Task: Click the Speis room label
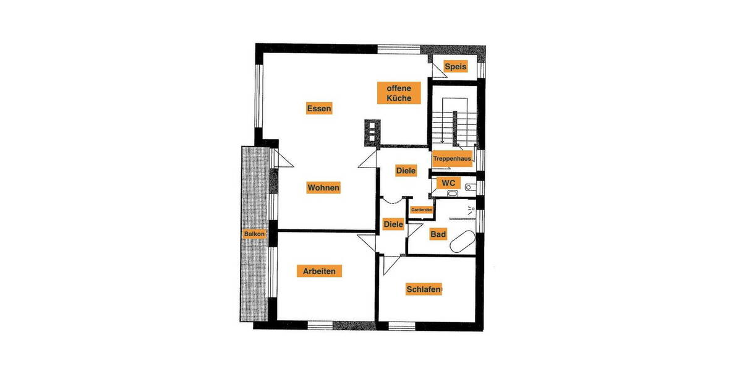[456, 66]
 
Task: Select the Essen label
[319, 109]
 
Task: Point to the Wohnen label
[323, 187]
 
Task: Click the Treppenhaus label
[452, 158]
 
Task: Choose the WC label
[448, 183]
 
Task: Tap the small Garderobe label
[421, 210]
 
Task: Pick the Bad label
[438, 234]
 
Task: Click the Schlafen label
[424, 289]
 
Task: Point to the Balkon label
[254, 234]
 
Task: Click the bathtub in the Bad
[462, 242]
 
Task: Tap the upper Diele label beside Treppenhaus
[406, 171]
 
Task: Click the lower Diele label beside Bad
[393, 224]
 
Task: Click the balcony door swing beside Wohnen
[283, 159]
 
